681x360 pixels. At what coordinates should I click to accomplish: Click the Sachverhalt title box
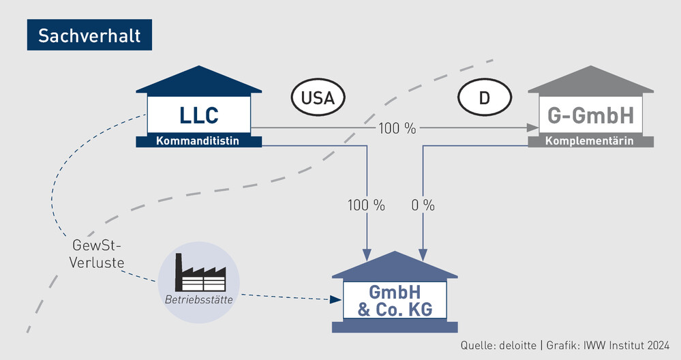[x=89, y=35]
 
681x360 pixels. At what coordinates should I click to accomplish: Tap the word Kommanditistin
[x=198, y=141]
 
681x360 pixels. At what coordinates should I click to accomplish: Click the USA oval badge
[x=318, y=98]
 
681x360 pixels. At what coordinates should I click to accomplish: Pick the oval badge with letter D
[x=484, y=98]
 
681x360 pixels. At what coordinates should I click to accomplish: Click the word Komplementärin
[x=591, y=141]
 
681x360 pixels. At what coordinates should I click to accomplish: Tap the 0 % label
[x=423, y=205]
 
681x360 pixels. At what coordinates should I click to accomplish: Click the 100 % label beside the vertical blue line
[x=366, y=205]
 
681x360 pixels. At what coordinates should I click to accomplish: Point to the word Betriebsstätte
[x=198, y=299]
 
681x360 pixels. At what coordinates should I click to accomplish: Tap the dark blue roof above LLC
[x=198, y=81]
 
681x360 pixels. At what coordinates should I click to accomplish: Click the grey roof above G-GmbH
[x=590, y=81]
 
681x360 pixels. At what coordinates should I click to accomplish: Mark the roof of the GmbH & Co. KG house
[x=395, y=266]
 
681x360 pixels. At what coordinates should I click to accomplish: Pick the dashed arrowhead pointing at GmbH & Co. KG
[x=335, y=299]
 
